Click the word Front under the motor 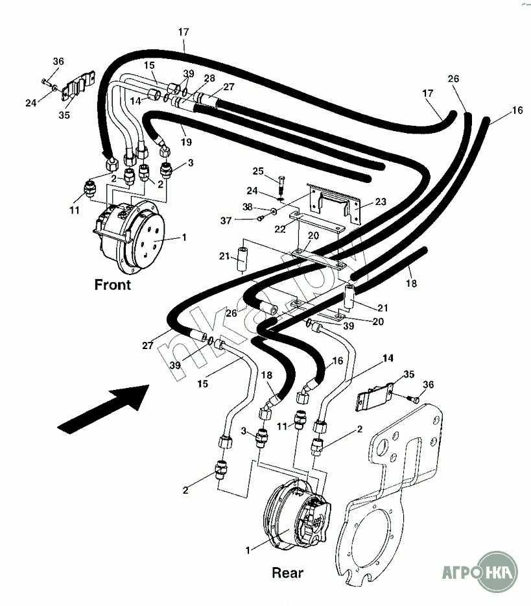(x=113, y=284)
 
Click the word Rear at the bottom (x=287, y=572)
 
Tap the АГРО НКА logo (x=479, y=573)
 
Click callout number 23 (x=380, y=202)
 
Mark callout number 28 (x=209, y=79)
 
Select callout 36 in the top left (x=58, y=62)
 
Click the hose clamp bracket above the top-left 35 (x=77, y=88)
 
